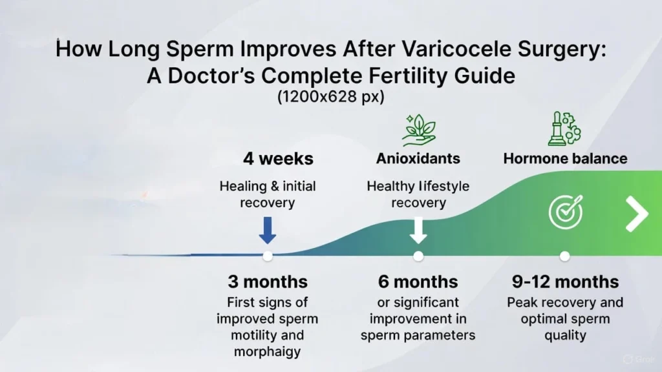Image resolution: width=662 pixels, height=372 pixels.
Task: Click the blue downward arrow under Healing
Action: tap(267, 230)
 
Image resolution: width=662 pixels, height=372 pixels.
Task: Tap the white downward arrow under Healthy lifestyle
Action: tap(418, 230)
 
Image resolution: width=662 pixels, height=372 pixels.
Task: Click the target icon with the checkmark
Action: tap(565, 212)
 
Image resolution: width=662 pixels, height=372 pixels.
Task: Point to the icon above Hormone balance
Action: tap(564, 129)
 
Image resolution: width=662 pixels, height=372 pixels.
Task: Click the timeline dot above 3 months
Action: tap(267, 256)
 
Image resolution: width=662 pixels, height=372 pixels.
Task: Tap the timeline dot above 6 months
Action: tap(418, 256)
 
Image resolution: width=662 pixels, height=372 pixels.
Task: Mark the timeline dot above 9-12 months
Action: tap(564, 256)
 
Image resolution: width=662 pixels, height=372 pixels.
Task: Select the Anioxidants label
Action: tap(418, 158)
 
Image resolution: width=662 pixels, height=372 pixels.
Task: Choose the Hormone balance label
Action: tap(565, 158)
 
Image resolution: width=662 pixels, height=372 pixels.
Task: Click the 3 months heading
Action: tap(267, 282)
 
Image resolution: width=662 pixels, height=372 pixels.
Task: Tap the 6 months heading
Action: tap(418, 282)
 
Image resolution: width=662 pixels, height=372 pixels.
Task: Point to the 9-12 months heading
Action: tap(565, 282)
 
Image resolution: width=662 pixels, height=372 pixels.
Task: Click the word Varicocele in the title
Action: tap(411, 50)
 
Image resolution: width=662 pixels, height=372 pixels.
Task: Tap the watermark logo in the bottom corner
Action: tap(628, 359)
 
